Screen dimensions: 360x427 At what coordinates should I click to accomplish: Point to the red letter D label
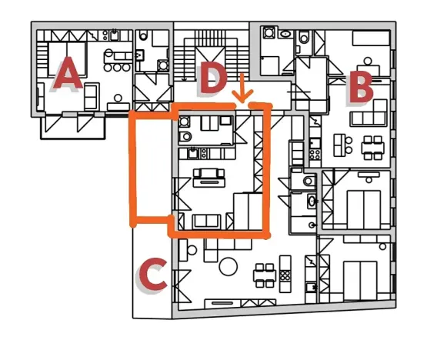(x=212, y=78)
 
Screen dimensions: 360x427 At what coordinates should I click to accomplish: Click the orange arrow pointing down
(x=242, y=88)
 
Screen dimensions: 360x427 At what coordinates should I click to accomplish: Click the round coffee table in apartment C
(x=229, y=267)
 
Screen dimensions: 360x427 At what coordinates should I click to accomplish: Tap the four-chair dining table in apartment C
(x=265, y=275)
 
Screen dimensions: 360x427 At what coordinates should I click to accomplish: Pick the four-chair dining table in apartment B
(x=372, y=144)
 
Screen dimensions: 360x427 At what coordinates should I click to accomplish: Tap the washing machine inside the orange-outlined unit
(x=185, y=122)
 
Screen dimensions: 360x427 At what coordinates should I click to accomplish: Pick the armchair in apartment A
(x=91, y=95)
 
